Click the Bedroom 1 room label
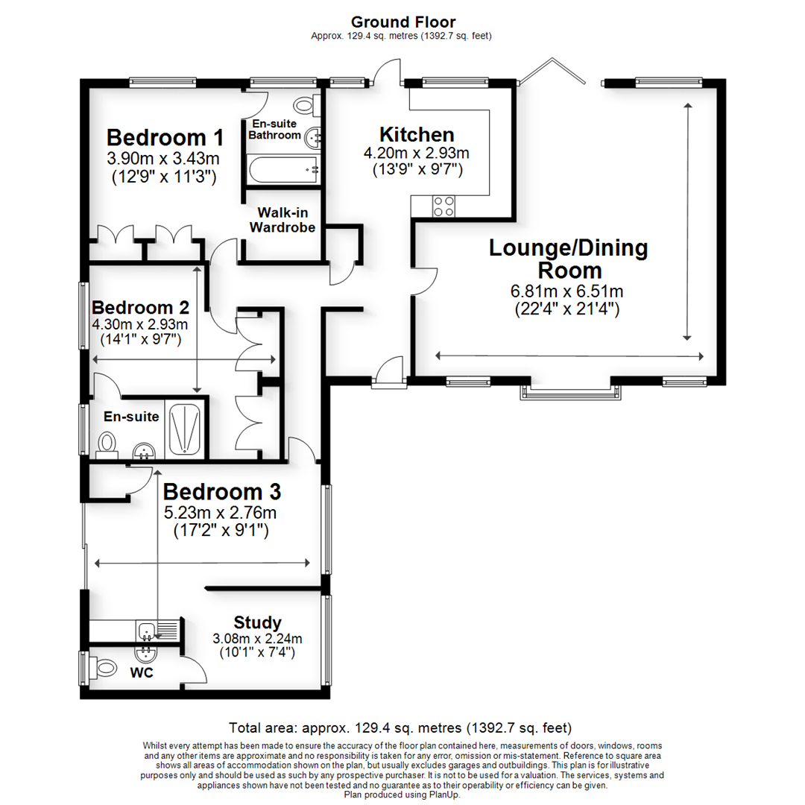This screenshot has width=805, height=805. pyautogui.click(x=165, y=138)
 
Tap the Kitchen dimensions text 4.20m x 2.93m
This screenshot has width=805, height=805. pyautogui.click(x=416, y=154)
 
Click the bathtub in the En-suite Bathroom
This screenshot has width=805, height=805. pyautogui.click(x=284, y=170)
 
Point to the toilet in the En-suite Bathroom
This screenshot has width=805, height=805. pyautogui.click(x=307, y=106)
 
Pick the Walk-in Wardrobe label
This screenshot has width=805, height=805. pyautogui.click(x=282, y=220)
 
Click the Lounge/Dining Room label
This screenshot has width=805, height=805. pyautogui.click(x=568, y=259)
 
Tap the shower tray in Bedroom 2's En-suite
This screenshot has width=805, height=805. pyautogui.click(x=183, y=430)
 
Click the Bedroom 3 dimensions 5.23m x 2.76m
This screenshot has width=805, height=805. pyautogui.click(x=220, y=513)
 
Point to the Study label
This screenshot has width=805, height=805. pyautogui.click(x=257, y=622)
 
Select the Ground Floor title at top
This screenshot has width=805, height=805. pyautogui.click(x=403, y=22)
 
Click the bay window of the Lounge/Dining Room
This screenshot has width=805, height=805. pyautogui.click(x=571, y=391)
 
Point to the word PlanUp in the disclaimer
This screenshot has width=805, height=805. pyautogui.click(x=445, y=795)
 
